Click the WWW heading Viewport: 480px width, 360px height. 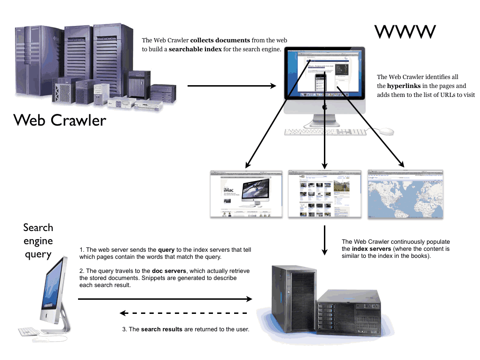405,32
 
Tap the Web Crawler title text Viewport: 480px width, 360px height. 60,120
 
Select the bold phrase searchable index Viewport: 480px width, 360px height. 196,49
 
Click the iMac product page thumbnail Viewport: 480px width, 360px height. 247,194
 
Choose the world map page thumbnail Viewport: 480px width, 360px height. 405,194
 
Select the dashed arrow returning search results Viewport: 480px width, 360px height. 183,313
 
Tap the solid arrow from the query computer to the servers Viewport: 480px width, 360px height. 165,299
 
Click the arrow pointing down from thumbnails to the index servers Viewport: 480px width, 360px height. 324,240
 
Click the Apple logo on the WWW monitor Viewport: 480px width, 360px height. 324,107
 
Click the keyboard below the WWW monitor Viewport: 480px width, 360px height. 324,132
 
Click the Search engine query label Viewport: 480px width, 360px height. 38,241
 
